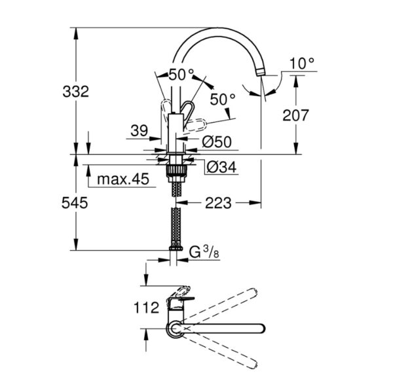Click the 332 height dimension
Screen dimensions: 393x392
[76, 92]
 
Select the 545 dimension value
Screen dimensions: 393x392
[75, 203]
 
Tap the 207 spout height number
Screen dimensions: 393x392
[295, 115]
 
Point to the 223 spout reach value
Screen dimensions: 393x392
[218, 203]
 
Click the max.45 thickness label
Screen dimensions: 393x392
[123, 179]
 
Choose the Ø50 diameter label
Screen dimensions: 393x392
[217, 142]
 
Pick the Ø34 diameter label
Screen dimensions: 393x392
[221, 167]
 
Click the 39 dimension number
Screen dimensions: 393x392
[140, 130]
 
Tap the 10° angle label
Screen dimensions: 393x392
[302, 64]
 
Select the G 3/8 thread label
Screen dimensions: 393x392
[204, 253]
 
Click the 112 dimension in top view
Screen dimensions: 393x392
[146, 308]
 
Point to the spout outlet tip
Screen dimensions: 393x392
[261, 73]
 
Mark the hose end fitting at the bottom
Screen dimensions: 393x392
[176, 248]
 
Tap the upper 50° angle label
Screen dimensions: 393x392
[181, 75]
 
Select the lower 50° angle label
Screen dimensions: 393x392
[223, 99]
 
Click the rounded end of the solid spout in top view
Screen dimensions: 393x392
[261, 328]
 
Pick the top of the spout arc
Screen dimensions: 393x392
[215, 28]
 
